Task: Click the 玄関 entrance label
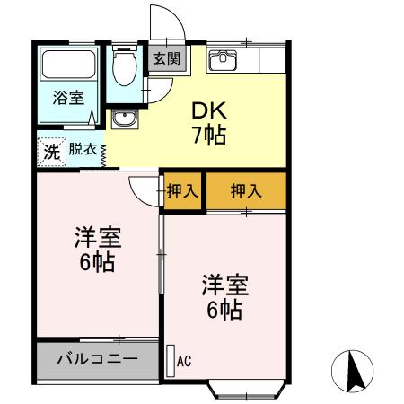[x=165, y=59]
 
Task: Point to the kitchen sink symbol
[x=222, y=60]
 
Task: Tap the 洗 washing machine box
[x=52, y=152]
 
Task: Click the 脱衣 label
[x=83, y=150]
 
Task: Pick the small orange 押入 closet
[x=182, y=190]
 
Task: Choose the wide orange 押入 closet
[x=246, y=190]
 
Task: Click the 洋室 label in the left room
[x=97, y=240]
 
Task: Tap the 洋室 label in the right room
[x=224, y=286]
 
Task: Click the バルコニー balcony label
[x=98, y=359]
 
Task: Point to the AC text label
[x=184, y=362]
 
